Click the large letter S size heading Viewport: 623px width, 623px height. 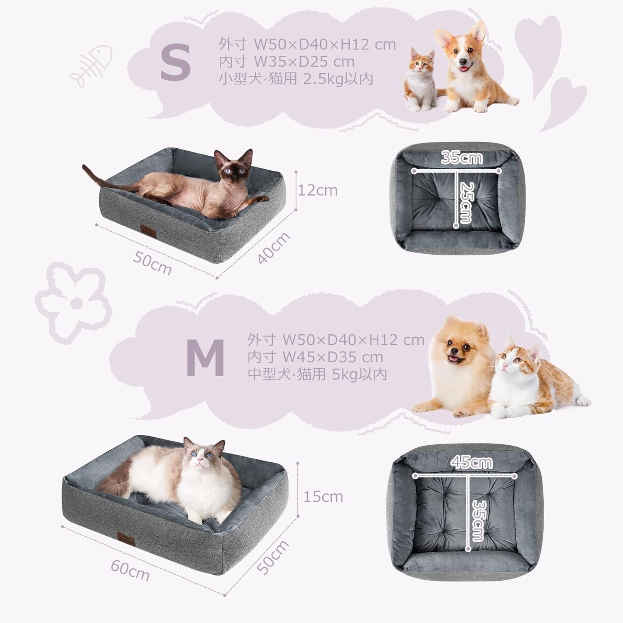[x=175, y=62]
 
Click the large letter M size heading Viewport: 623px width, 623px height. [x=205, y=358]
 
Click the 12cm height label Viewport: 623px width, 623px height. [x=318, y=190]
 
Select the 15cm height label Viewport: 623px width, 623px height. [x=323, y=496]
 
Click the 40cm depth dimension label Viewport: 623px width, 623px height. [x=273, y=248]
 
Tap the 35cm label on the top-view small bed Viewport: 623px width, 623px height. [x=462, y=157]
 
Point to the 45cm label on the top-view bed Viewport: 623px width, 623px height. [x=471, y=462]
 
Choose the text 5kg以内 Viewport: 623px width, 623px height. [x=360, y=374]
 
